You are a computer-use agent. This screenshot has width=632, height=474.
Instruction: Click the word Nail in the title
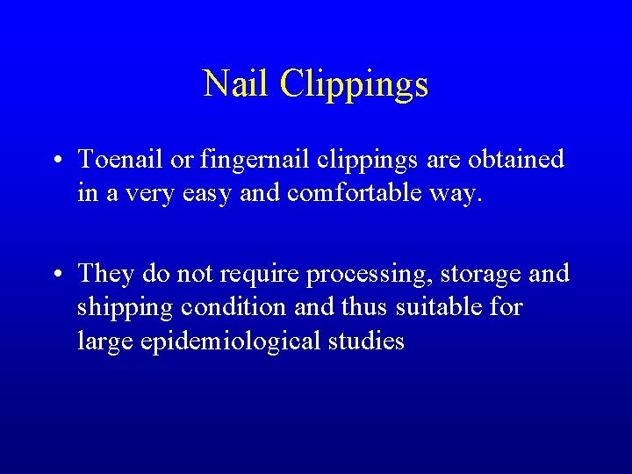(236, 84)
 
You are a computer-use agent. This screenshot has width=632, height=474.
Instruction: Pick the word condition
(236, 307)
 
